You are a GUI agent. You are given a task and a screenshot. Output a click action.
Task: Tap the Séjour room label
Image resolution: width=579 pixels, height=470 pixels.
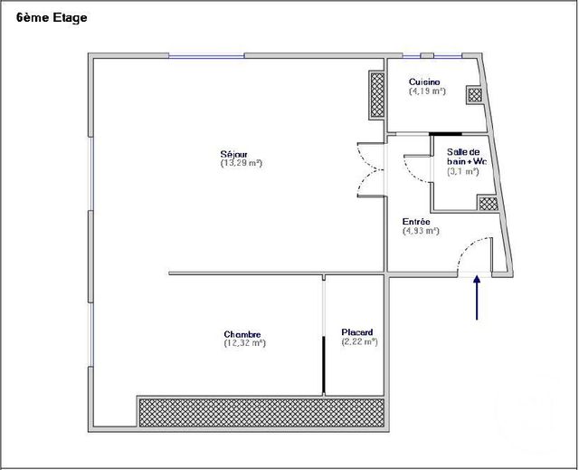[x=234, y=154]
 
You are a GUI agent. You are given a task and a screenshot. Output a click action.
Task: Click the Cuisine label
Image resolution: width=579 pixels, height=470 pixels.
[x=424, y=82]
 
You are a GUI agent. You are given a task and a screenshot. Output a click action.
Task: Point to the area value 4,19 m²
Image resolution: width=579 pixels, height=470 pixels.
[x=427, y=91]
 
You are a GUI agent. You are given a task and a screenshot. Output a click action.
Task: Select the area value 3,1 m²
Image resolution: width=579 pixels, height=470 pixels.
[x=463, y=171]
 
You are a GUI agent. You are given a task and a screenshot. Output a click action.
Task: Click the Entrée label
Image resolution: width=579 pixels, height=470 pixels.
[x=416, y=222]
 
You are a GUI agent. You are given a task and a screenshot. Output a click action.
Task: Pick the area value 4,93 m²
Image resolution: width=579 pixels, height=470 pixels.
[x=420, y=231]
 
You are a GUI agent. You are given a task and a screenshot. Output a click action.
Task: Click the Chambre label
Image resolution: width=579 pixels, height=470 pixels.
[x=244, y=332]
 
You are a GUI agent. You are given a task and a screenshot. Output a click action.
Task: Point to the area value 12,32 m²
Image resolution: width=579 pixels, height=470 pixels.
[x=244, y=342]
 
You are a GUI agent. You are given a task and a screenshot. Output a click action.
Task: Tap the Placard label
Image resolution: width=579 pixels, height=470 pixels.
[x=357, y=332]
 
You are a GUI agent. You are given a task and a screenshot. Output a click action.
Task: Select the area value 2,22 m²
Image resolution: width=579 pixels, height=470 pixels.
[x=359, y=341]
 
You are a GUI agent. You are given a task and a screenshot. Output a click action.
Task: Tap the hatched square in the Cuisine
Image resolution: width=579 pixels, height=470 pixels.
[x=475, y=94]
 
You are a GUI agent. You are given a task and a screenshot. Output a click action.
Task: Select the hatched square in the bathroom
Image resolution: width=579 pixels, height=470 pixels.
[x=488, y=205]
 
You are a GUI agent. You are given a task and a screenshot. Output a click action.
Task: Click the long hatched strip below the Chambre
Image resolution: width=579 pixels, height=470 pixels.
[x=263, y=412]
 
